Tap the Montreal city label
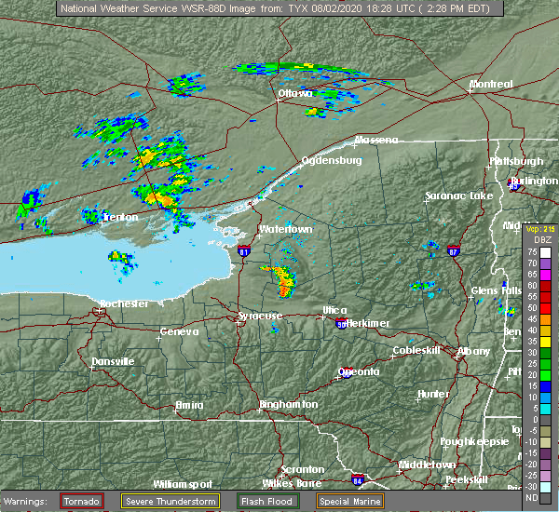tap(491, 84)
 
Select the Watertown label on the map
tap(285, 228)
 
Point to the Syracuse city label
tap(259, 316)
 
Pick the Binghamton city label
tap(288, 404)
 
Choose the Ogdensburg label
tap(331, 160)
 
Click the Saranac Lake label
tap(458, 195)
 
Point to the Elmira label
tap(192, 404)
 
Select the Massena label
tap(375, 140)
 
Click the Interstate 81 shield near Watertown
tap(244, 251)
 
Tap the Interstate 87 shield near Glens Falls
tap(453, 251)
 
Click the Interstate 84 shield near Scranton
tap(358, 480)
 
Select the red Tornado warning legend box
tap(82, 501)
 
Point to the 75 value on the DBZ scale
tap(531, 251)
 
